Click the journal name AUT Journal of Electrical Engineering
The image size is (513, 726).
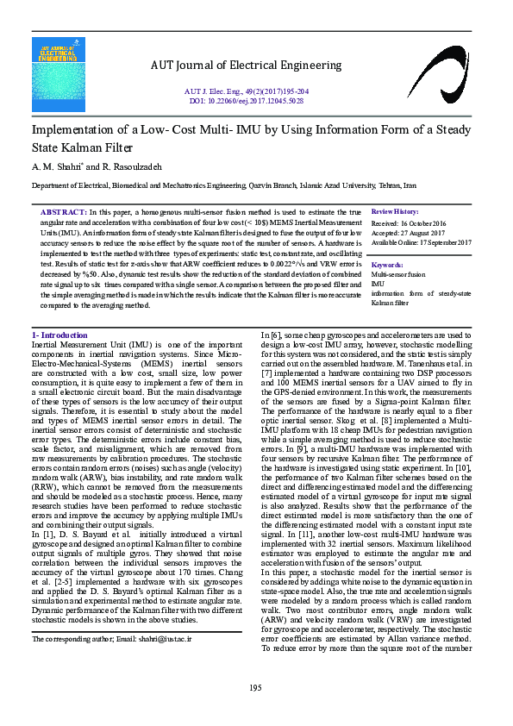pos(246,65)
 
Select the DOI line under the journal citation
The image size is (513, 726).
pos(246,100)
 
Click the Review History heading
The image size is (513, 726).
pos(395,211)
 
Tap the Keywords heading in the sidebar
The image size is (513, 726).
pos(387,264)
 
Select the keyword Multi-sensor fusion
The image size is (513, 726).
pos(397,274)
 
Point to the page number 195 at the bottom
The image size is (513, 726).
pos(255,686)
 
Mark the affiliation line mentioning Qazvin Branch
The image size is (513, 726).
pos(224,185)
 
